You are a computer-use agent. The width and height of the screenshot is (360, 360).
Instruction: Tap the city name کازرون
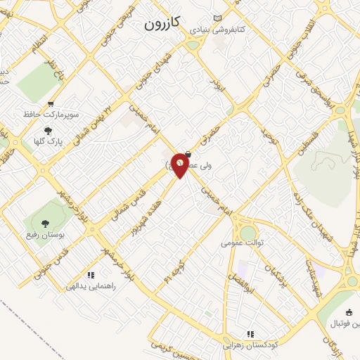click(162, 23)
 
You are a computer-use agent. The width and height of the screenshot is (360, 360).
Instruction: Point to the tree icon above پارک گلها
click(48, 131)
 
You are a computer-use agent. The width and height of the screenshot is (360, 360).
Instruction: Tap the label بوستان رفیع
click(50, 236)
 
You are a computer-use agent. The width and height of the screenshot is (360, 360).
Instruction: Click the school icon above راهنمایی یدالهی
click(90, 275)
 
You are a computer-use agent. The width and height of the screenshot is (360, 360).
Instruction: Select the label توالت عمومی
click(239, 243)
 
